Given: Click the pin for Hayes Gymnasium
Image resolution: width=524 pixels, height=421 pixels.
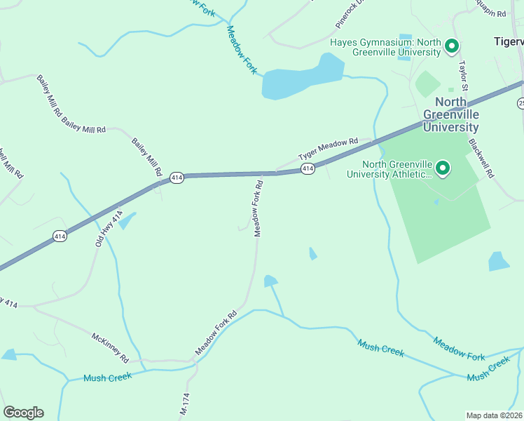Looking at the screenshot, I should pos(452,47).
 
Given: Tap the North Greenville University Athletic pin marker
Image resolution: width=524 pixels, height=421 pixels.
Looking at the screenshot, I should pos(443,168).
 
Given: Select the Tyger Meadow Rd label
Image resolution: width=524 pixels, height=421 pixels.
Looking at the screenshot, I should pos(328,147).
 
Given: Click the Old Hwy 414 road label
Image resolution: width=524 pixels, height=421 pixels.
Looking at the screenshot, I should pos(109,227).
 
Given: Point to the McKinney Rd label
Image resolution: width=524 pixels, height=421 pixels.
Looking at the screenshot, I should pos(111,347).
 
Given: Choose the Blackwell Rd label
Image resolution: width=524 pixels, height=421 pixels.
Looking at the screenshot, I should pos(482,157).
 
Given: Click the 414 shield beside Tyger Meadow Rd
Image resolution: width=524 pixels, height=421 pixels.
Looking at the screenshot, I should pos(307,169).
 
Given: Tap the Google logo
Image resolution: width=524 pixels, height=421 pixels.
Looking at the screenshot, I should pos(23,413).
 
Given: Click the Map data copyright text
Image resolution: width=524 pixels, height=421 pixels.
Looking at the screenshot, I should pos(495,415).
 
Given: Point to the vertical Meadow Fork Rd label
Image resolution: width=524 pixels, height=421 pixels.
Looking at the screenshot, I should pos(258,209).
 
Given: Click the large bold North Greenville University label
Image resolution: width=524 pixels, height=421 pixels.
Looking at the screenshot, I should pos(451,114).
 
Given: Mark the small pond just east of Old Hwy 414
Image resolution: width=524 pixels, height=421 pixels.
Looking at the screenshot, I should pos(127,221).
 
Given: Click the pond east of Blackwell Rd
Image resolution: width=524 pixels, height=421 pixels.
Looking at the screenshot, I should pos(498,262).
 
